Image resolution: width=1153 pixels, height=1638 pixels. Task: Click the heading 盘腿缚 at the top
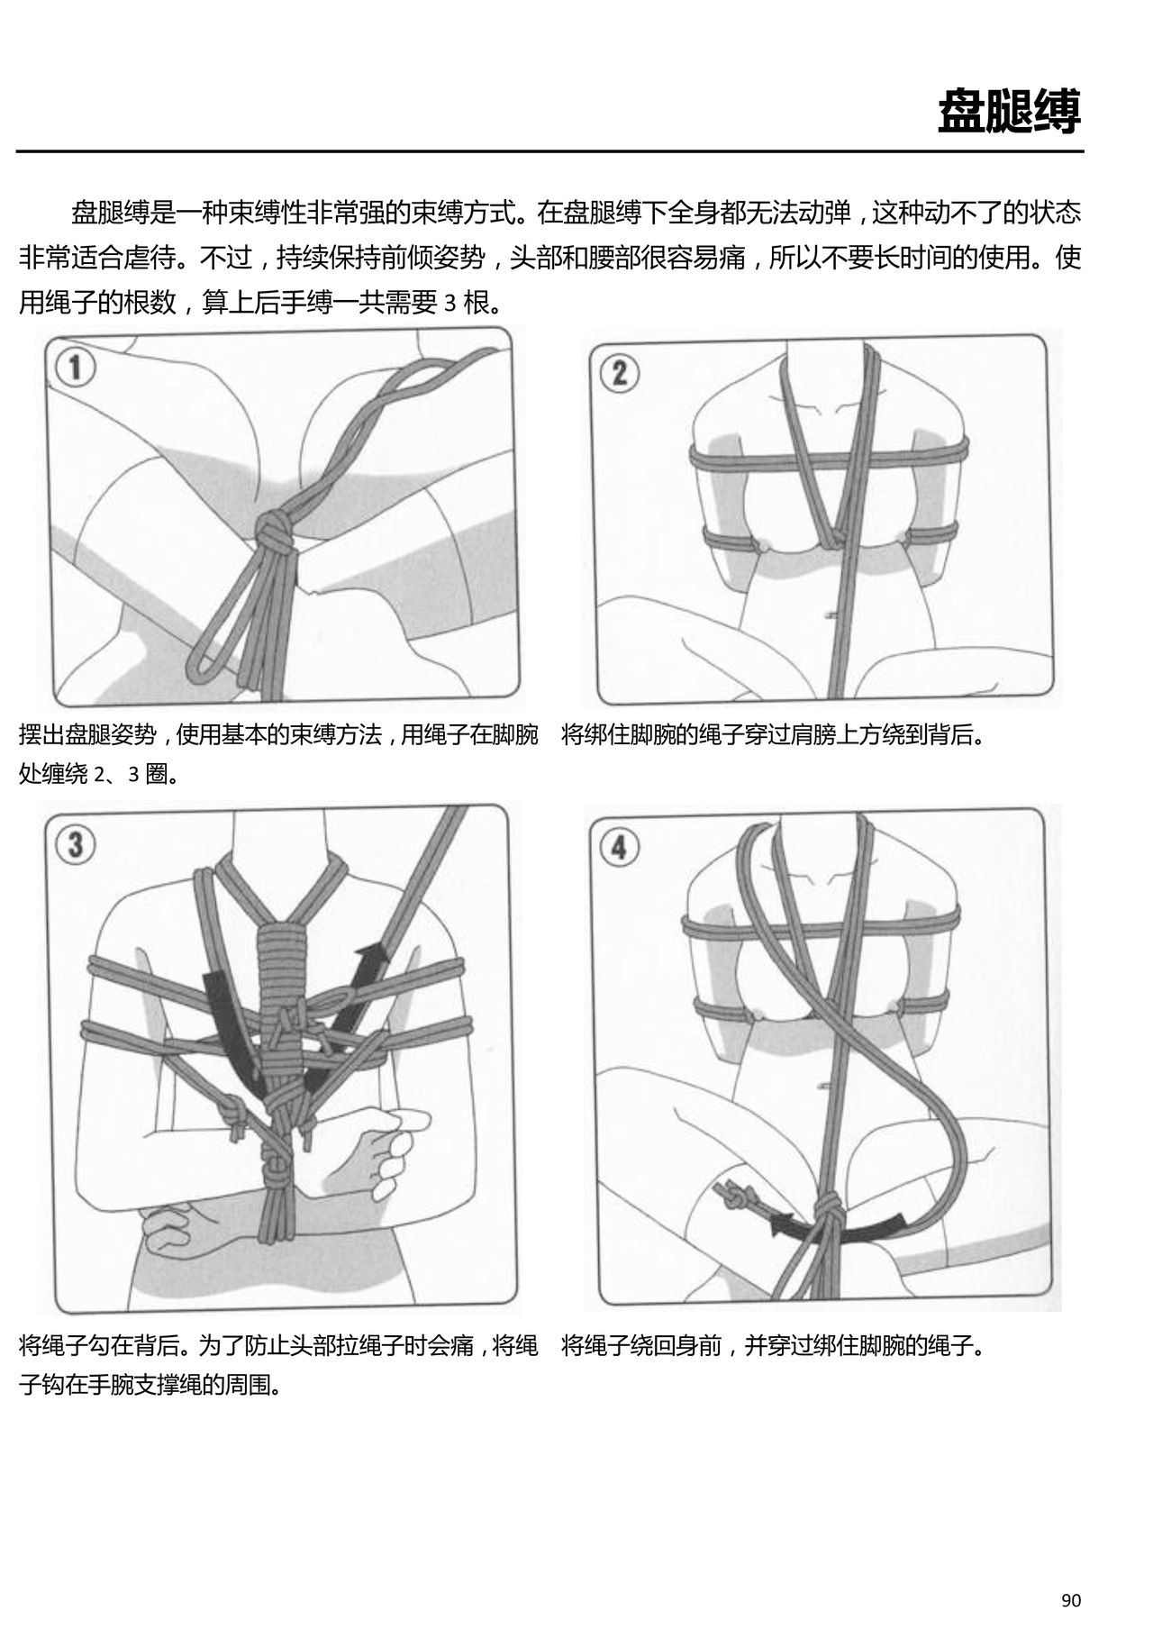(x=1009, y=112)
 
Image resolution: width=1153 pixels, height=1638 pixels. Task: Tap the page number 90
(x=1070, y=1600)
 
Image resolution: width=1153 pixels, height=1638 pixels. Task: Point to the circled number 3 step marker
(x=76, y=846)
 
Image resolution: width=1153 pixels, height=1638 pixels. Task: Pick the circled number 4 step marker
(x=620, y=848)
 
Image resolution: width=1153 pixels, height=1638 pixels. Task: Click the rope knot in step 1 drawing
(x=271, y=532)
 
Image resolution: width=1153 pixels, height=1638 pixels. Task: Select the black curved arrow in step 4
(x=838, y=1231)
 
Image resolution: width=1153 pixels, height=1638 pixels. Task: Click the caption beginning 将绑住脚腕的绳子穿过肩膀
(x=773, y=735)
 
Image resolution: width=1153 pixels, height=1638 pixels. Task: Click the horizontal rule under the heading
(x=549, y=152)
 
